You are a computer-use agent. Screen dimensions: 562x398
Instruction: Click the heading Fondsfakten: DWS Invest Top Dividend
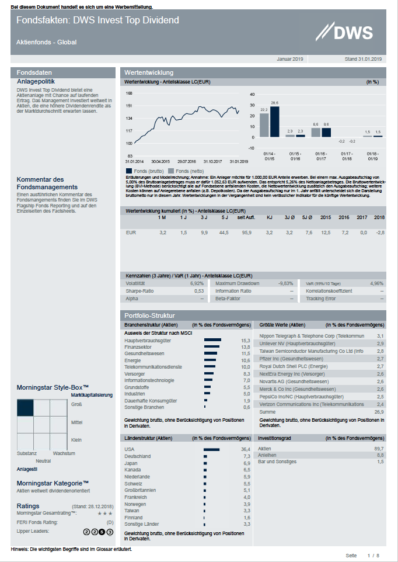pos(97,20)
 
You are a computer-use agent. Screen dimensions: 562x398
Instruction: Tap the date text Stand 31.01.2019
pos(363,59)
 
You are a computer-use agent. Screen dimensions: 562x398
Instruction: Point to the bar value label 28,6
pos(275,103)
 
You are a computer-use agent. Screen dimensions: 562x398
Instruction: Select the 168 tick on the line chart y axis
pos(129,93)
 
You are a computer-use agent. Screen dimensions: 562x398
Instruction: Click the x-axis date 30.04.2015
pos(160,161)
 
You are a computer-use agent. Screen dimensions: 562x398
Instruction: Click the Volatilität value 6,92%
pos(197,283)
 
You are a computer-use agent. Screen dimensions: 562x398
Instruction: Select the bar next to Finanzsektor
pos(211,347)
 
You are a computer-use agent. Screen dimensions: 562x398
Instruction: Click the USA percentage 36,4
pos(246,449)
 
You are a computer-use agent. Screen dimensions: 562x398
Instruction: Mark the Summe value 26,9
pos(379,411)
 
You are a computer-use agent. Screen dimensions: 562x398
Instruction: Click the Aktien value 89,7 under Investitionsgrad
pos(379,448)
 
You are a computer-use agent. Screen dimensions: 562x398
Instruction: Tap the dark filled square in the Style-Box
pos(25,407)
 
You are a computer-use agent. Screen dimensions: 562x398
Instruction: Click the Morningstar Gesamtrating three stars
pos(105,513)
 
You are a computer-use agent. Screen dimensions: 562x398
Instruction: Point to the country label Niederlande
pos(137,476)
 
